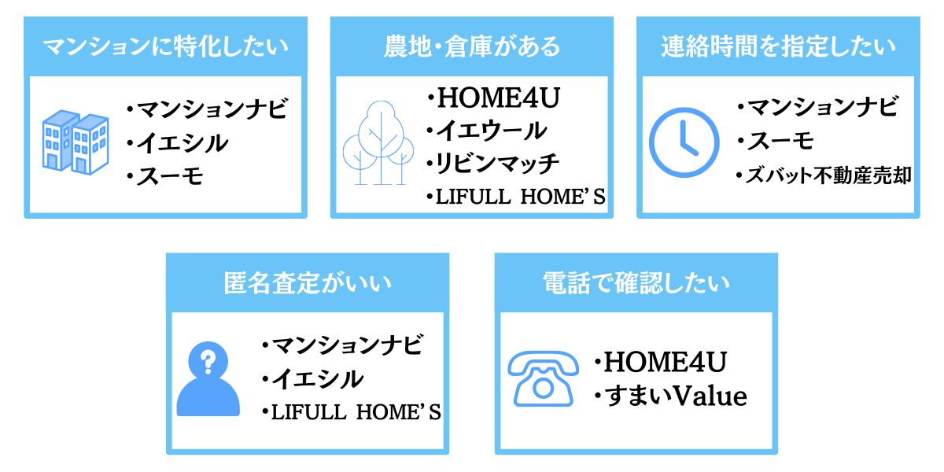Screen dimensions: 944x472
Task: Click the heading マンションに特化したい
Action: click(166, 46)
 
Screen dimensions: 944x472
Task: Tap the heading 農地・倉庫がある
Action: click(471, 46)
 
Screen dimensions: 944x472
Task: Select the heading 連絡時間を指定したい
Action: click(778, 46)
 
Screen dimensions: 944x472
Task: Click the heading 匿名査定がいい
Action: click(308, 282)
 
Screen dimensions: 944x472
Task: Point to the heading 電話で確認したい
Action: click(636, 282)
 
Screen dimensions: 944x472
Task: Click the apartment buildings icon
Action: click(76, 142)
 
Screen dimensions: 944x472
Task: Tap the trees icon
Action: click(378, 143)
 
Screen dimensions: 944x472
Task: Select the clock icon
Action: click(684, 142)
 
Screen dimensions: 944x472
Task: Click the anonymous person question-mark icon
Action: click(208, 379)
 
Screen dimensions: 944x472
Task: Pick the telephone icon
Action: click(544, 378)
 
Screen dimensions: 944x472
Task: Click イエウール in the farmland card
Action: click(492, 131)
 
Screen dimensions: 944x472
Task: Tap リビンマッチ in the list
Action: click(497, 164)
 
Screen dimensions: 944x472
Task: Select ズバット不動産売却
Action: click(828, 175)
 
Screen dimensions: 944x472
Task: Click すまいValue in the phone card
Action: click(676, 396)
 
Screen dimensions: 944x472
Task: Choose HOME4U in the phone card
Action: click(666, 362)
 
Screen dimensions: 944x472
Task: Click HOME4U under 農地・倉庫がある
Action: click(499, 98)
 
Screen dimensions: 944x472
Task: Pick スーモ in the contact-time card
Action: click(780, 141)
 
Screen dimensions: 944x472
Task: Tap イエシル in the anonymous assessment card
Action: click(317, 379)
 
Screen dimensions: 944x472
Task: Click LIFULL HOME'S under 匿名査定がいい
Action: click(356, 412)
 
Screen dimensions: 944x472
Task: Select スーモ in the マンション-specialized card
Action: click(170, 176)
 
